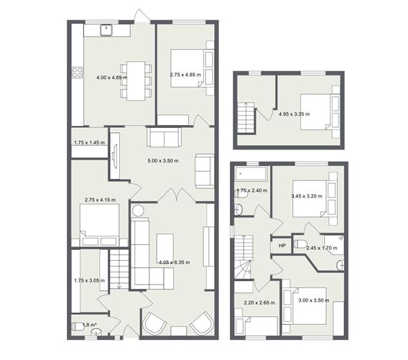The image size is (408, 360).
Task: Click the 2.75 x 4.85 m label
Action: (185, 74)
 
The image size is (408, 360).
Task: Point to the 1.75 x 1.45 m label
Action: (89, 143)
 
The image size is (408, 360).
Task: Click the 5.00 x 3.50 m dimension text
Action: (163, 160)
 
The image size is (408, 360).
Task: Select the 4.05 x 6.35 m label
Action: (175, 262)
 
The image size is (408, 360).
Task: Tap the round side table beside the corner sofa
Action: (138, 211)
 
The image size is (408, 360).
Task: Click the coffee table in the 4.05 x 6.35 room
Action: (166, 243)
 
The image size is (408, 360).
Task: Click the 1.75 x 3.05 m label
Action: (89, 281)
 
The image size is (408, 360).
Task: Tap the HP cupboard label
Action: (282, 246)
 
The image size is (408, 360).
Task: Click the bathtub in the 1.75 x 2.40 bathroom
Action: (251, 175)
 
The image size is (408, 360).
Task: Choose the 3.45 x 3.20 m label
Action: (306, 195)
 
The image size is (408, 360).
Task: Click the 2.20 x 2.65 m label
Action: (259, 303)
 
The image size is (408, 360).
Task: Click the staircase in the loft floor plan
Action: (246, 116)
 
